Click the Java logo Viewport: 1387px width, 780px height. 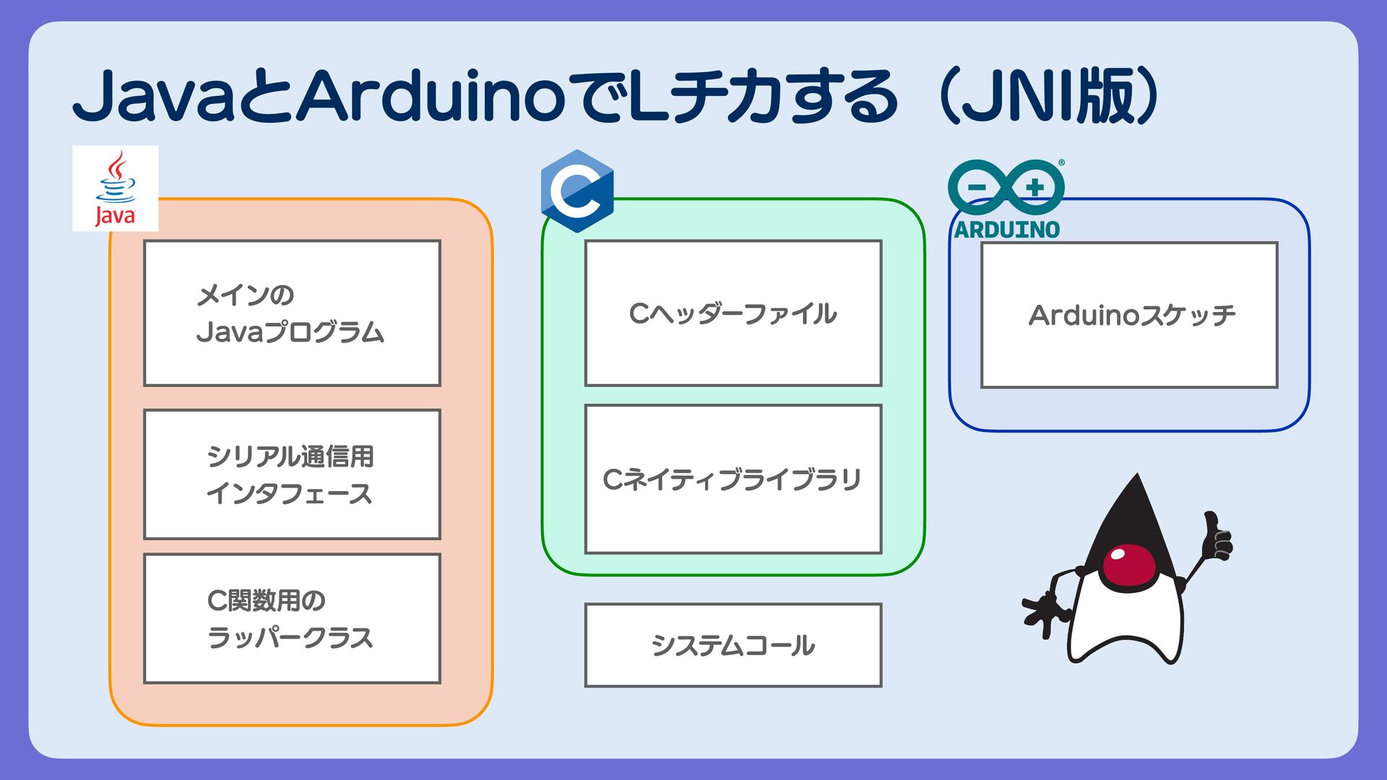(115, 188)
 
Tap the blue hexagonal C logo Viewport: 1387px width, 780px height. (577, 191)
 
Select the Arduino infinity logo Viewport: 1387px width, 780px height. (1006, 187)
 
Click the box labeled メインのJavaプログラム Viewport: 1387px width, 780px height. (292, 313)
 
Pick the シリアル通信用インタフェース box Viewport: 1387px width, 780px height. (292, 474)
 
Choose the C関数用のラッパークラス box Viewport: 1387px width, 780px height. (292, 618)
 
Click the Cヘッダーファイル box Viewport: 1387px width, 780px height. (733, 313)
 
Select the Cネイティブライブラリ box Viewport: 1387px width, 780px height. (733, 479)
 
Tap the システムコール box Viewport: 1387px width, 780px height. (733, 645)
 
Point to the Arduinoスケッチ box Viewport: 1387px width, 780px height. (1129, 315)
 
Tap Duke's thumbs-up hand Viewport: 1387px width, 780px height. (1217, 536)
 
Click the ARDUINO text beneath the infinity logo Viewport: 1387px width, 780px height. (1006, 230)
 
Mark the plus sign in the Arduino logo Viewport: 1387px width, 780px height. (1035, 187)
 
